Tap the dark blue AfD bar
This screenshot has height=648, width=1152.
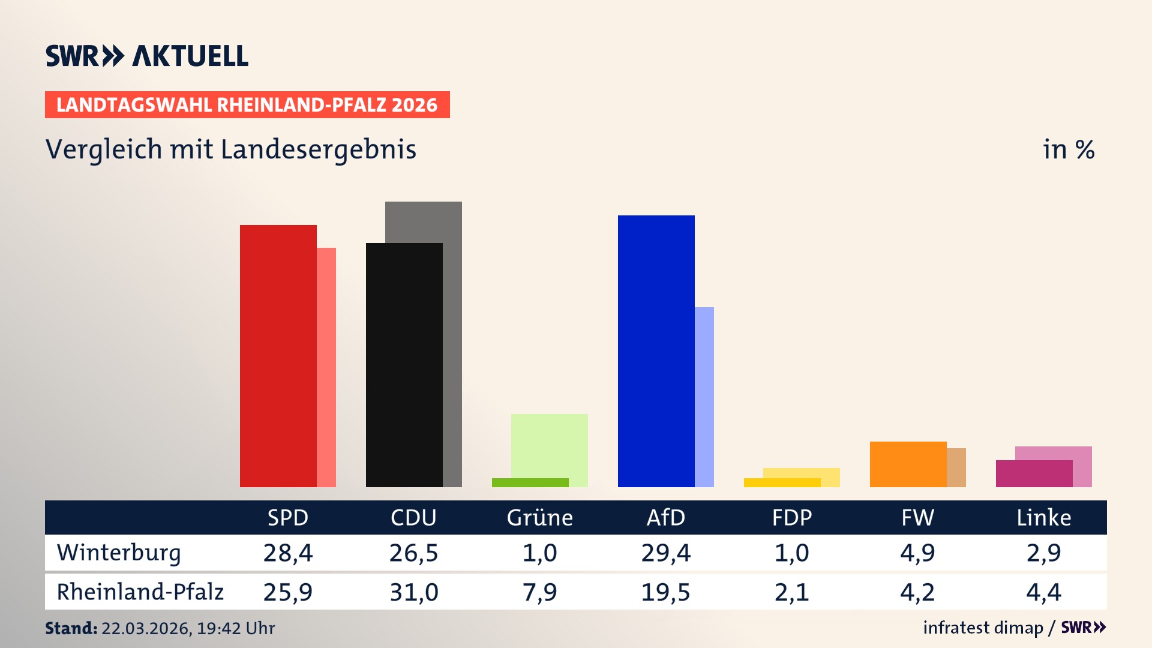coord(656,351)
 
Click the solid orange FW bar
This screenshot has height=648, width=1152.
coord(908,464)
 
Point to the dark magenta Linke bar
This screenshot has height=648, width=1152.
coord(1034,473)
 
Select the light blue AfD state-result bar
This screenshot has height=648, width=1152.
coord(704,396)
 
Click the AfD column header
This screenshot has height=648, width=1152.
coord(665,517)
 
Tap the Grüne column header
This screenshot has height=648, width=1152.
coord(539,517)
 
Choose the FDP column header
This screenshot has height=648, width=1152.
coord(791,517)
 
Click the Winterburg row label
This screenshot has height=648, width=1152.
coord(119,553)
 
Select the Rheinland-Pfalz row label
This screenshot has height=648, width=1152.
coord(140,592)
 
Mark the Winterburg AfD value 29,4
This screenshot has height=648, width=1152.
coord(665,553)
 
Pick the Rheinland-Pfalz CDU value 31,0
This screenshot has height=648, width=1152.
coord(413,592)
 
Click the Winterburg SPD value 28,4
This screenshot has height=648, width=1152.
coord(287,553)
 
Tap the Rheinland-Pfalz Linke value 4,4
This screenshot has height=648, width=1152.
coord(1043,592)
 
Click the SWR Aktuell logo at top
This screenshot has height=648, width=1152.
coord(147,56)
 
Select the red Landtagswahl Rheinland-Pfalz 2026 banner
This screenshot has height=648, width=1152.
coord(247,105)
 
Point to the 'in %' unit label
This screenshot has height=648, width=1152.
coord(1068,149)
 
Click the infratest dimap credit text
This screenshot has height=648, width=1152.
coord(983,628)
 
